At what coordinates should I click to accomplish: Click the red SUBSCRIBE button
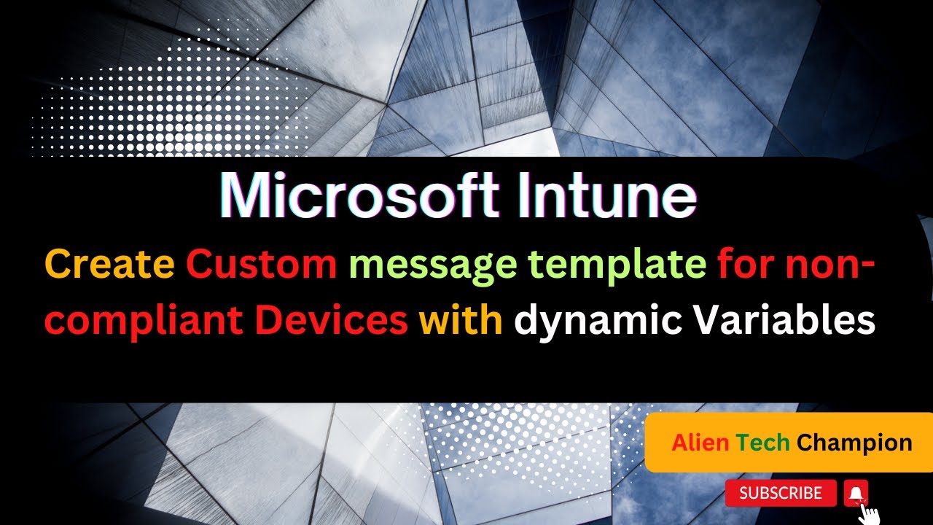coord(780,494)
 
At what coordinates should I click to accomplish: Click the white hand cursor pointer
coord(869,513)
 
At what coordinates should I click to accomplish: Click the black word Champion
coord(854,443)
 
